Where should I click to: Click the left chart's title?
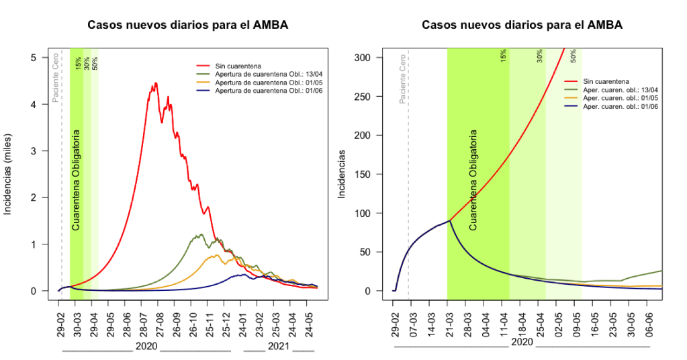pos(187,25)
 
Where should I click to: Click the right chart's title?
pos(522,25)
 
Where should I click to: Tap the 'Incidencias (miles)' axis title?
pos(9,174)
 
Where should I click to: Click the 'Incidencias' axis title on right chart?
pos(342,174)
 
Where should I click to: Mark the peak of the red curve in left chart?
pos(156,83)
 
